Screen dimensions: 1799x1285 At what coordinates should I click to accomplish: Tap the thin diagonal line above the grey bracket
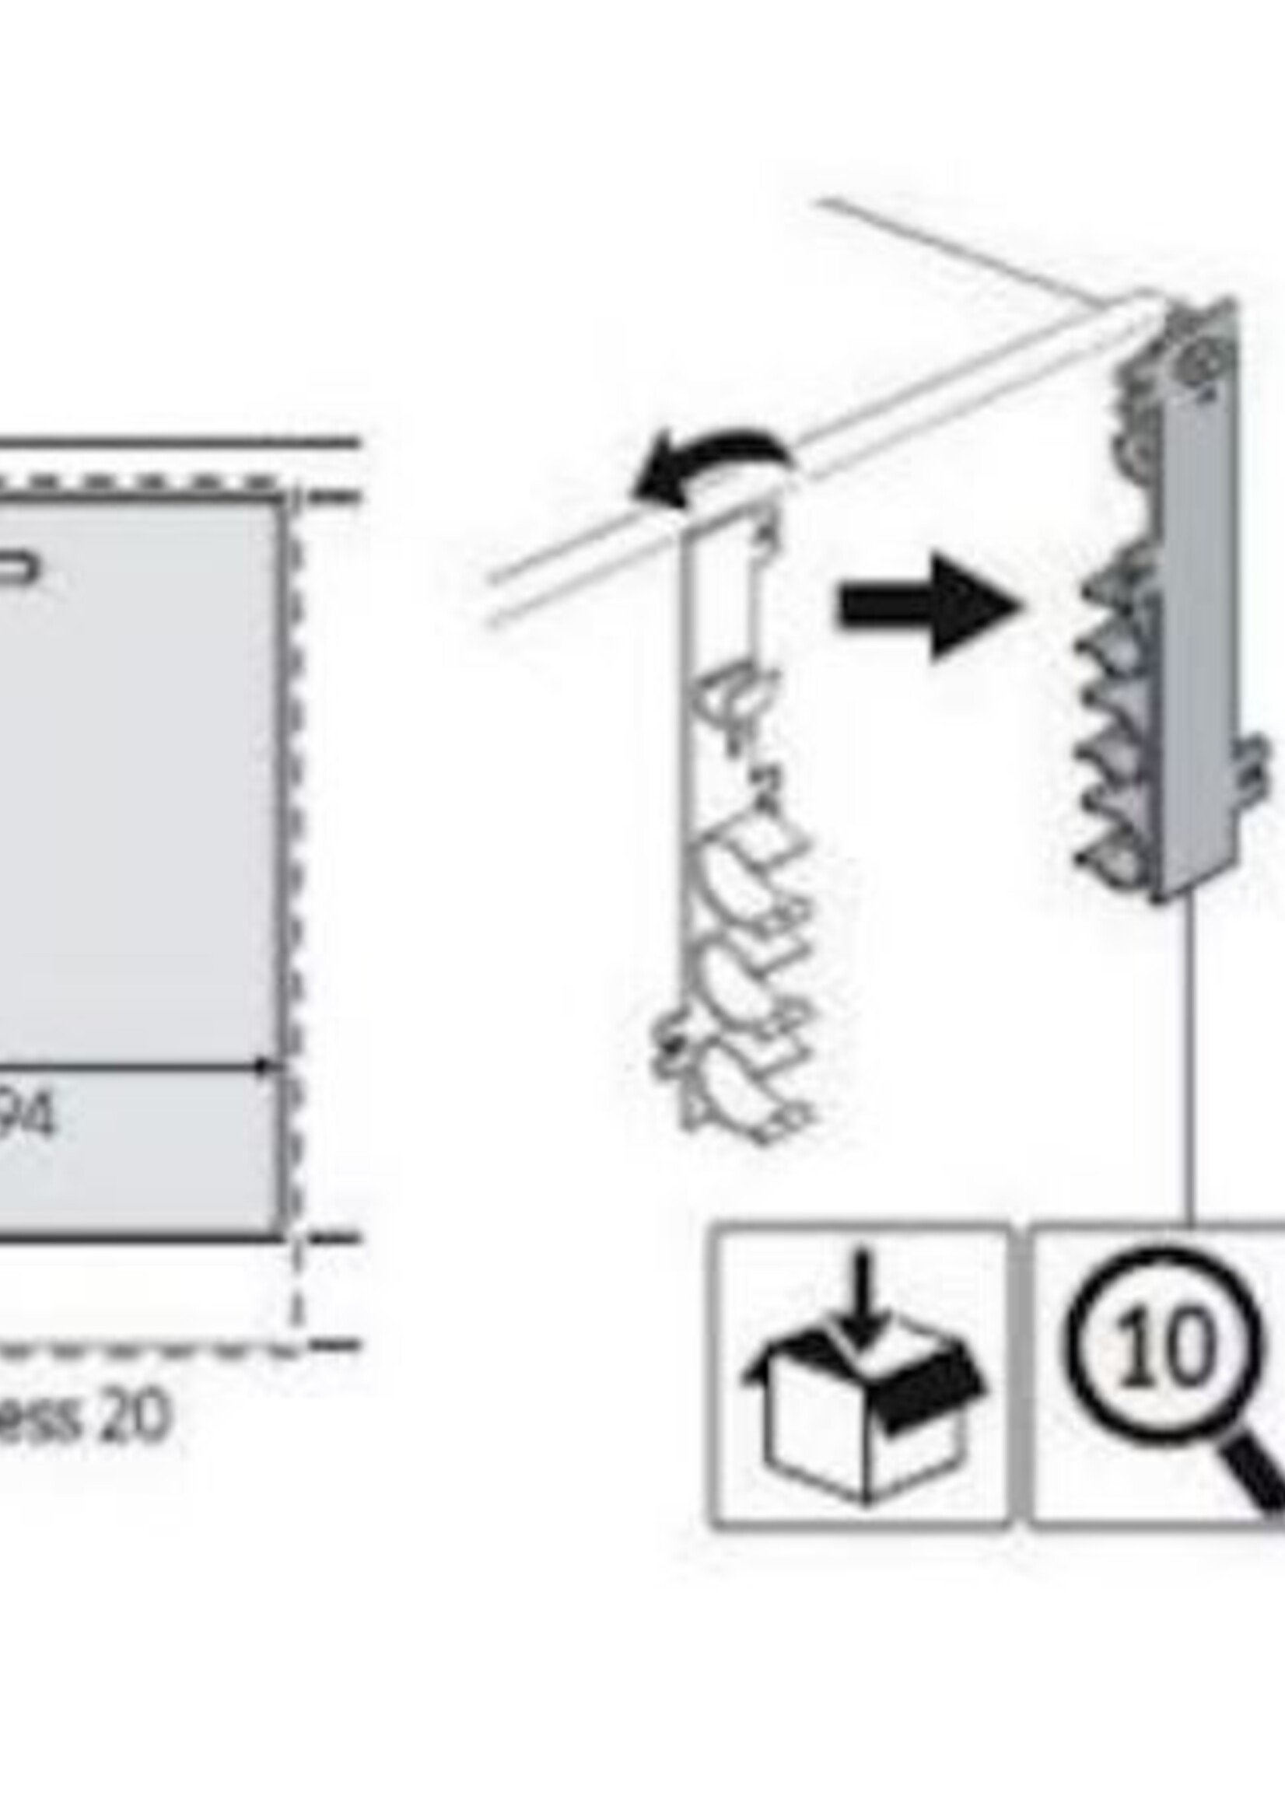click(950, 245)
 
